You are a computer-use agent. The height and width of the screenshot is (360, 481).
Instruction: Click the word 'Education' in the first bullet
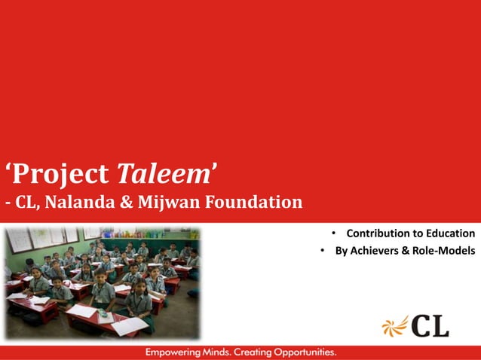448,233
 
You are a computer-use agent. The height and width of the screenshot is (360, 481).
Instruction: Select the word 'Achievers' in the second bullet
374,251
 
